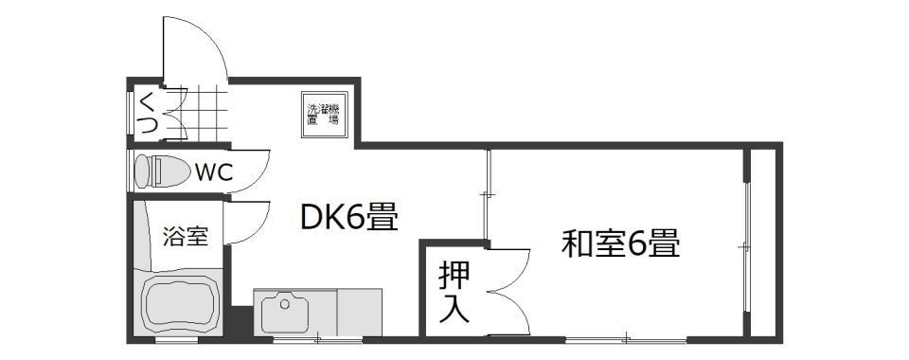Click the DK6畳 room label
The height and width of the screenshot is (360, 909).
[348, 219]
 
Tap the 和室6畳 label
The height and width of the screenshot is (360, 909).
[620, 244]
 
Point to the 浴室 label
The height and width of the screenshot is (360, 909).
[185, 237]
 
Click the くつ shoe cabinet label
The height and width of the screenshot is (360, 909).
[147, 113]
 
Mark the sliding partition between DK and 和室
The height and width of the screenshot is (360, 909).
[487, 194]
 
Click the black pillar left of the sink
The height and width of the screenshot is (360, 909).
[239, 321]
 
